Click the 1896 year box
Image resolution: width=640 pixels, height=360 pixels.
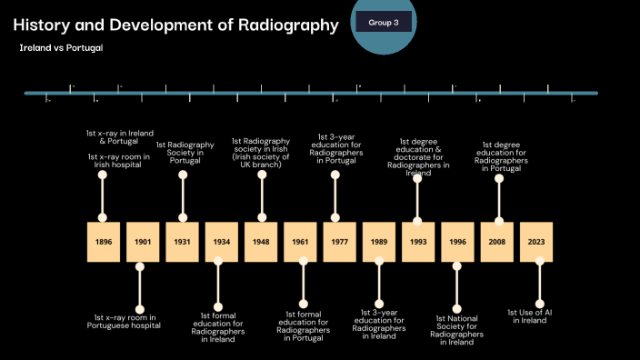pyautogui.click(x=103, y=242)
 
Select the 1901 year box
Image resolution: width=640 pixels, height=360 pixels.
pyautogui.click(x=142, y=242)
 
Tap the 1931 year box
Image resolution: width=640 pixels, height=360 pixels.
pyautogui.click(x=181, y=242)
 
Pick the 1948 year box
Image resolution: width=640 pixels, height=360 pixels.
pyautogui.click(x=260, y=242)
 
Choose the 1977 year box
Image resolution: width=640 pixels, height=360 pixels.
pyautogui.click(x=338, y=242)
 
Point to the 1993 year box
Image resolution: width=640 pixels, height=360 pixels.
pyautogui.click(x=417, y=242)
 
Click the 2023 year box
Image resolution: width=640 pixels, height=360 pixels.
pyautogui.click(x=535, y=242)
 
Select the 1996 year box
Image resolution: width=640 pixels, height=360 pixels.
pyautogui.click(x=456, y=242)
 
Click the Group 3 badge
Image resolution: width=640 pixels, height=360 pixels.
pyautogui.click(x=383, y=22)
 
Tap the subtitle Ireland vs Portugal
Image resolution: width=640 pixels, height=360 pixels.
pyautogui.click(x=61, y=46)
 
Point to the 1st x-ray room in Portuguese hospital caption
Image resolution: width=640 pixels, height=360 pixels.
pyautogui.click(x=127, y=321)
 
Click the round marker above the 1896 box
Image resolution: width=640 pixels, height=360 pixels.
pyautogui.click(x=103, y=176)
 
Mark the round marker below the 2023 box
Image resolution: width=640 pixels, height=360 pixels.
pyautogui.click(x=539, y=303)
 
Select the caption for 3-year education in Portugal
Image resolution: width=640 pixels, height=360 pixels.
pyautogui.click(x=336, y=147)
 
